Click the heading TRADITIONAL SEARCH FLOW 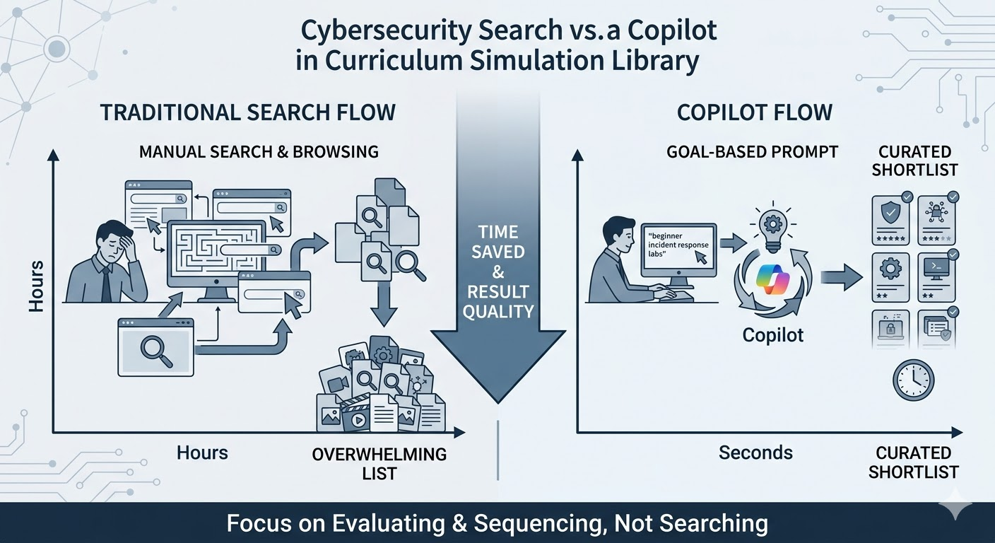[x=247, y=112]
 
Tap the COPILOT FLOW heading [x=754, y=112]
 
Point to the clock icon [x=912, y=380]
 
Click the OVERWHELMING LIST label [x=379, y=462]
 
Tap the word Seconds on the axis [x=755, y=452]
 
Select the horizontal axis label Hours [x=203, y=452]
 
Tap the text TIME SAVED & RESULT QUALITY [x=497, y=271]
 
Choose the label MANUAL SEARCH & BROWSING [x=259, y=152]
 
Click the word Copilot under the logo [x=773, y=334]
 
